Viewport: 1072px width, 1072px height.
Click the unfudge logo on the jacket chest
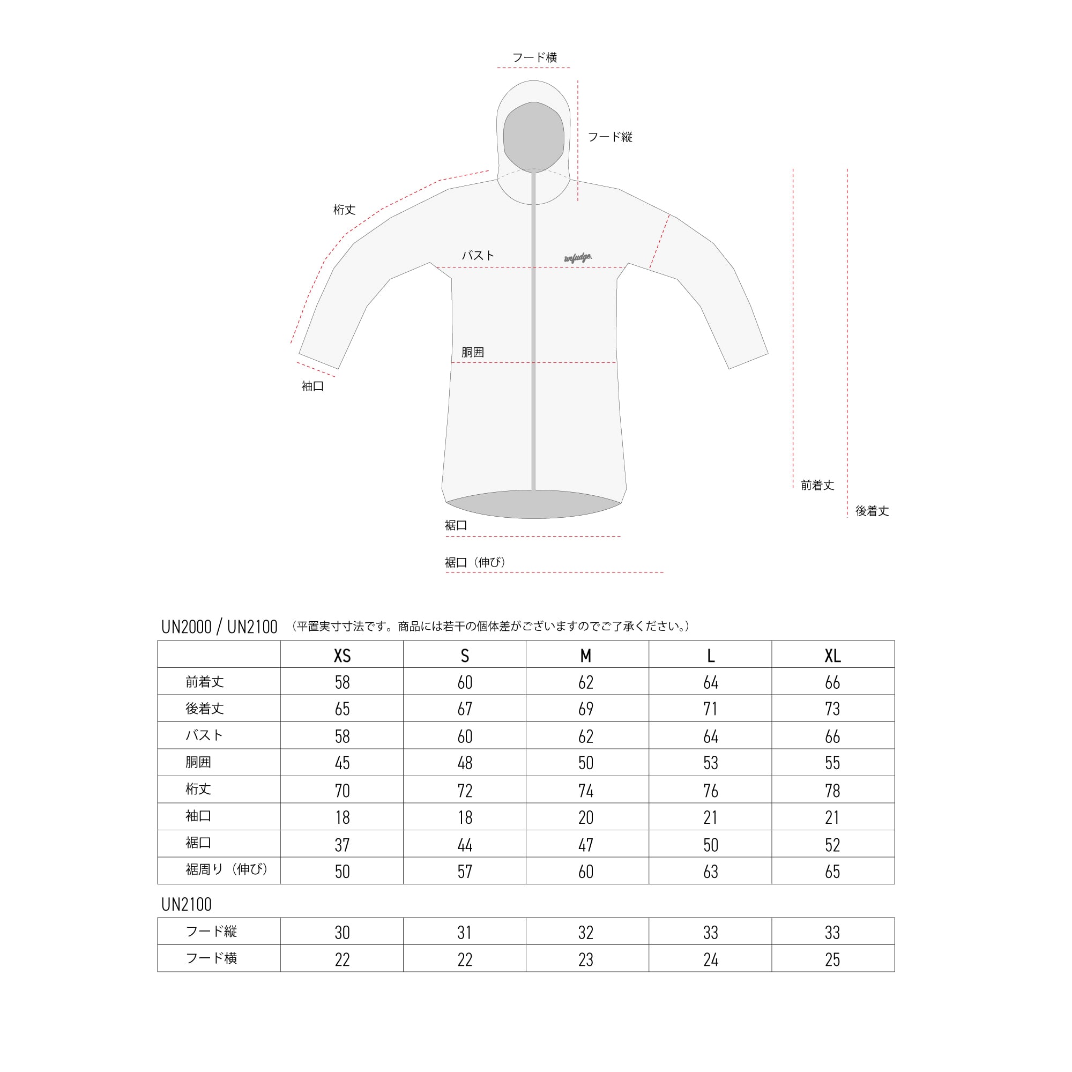tap(578, 257)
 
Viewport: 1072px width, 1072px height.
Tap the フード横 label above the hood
tap(534, 57)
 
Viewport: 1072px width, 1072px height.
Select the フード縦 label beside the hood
tap(610, 137)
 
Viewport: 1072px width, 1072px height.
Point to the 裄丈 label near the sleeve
tap(344, 210)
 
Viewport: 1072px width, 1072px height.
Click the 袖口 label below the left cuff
tap(312, 386)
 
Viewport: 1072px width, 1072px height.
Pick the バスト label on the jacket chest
tap(478, 255)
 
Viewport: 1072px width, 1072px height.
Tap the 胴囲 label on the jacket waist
tap(472, 352)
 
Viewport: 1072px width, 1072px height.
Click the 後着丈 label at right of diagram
tap(872, 511)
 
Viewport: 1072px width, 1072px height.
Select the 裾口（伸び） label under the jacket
tap(475, 562)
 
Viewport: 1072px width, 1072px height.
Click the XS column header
tap(342, 656)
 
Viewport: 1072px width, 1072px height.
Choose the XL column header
tap(832, 656)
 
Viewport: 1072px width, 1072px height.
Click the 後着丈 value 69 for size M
tap(586, 709)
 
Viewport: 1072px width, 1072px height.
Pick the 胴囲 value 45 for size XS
tap(342, 762)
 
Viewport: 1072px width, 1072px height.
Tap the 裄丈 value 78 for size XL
tap(832, 790)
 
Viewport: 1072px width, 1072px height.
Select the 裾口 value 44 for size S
tap(464, 845)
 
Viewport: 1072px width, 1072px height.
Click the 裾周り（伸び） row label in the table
tap(226, 869)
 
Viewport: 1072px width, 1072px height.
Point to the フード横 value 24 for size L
tap(710, 959)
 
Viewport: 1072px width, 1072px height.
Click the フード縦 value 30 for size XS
tap(342, 932)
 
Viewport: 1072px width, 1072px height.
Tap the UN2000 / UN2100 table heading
tap(219, 627)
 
